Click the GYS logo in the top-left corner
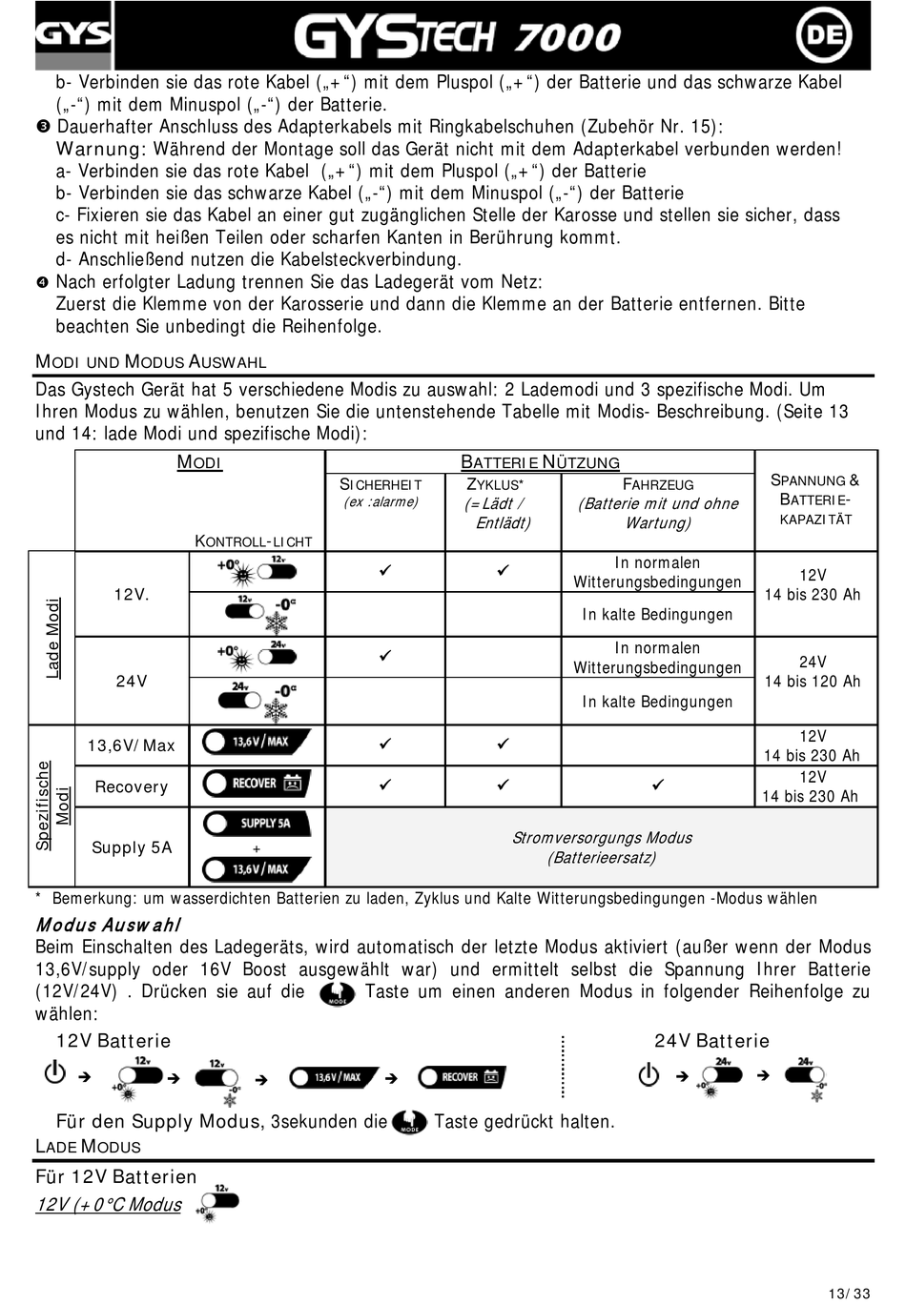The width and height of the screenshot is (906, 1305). pyautogui.click(x=72, y=35)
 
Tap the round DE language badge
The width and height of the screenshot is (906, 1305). pyautogui.click(x=823, y=35)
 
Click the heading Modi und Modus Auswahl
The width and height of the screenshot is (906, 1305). pyautogui.click(x=151, y=361)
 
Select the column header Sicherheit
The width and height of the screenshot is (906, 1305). pyautogui.click(x=381, y=484)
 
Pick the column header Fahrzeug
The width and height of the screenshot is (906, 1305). pyautogui.click(x=658, y=484)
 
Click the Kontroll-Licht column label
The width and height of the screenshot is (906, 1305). pyautogui.click(x=254, y=541)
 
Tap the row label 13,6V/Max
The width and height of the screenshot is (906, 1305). pyautogui.click(x=132, y=745)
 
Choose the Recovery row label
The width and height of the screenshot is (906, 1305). pyautogui.click(x=132, y=786)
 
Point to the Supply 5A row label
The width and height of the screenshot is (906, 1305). pyautogui.click(x=132, y=847)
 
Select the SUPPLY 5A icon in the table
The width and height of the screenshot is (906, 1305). pyautogui.click(x=257, y=823)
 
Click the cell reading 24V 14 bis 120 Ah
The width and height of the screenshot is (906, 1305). pyautogui.click(x=813, y=671)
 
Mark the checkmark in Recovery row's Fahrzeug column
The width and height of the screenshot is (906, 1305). pyautogui.click(x=658, y=785)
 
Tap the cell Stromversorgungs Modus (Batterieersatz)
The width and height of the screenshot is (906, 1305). pyautogui.click(x=602, y=847)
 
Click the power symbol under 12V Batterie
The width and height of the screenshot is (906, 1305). pyautogui.click(x=55, y=1073)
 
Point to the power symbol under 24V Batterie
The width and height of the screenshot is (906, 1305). pyautogui.click(x=649, y=1074)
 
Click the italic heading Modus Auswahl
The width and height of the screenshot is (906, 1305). pyautogui.click(x=108, y=925)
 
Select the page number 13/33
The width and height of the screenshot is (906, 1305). pyautogui.click(x=849, y=1294)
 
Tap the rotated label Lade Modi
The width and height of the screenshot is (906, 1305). pyautogui.click(x=53, y=638)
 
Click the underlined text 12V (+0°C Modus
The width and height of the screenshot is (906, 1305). pyautogui.click(x=109, y=1204)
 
